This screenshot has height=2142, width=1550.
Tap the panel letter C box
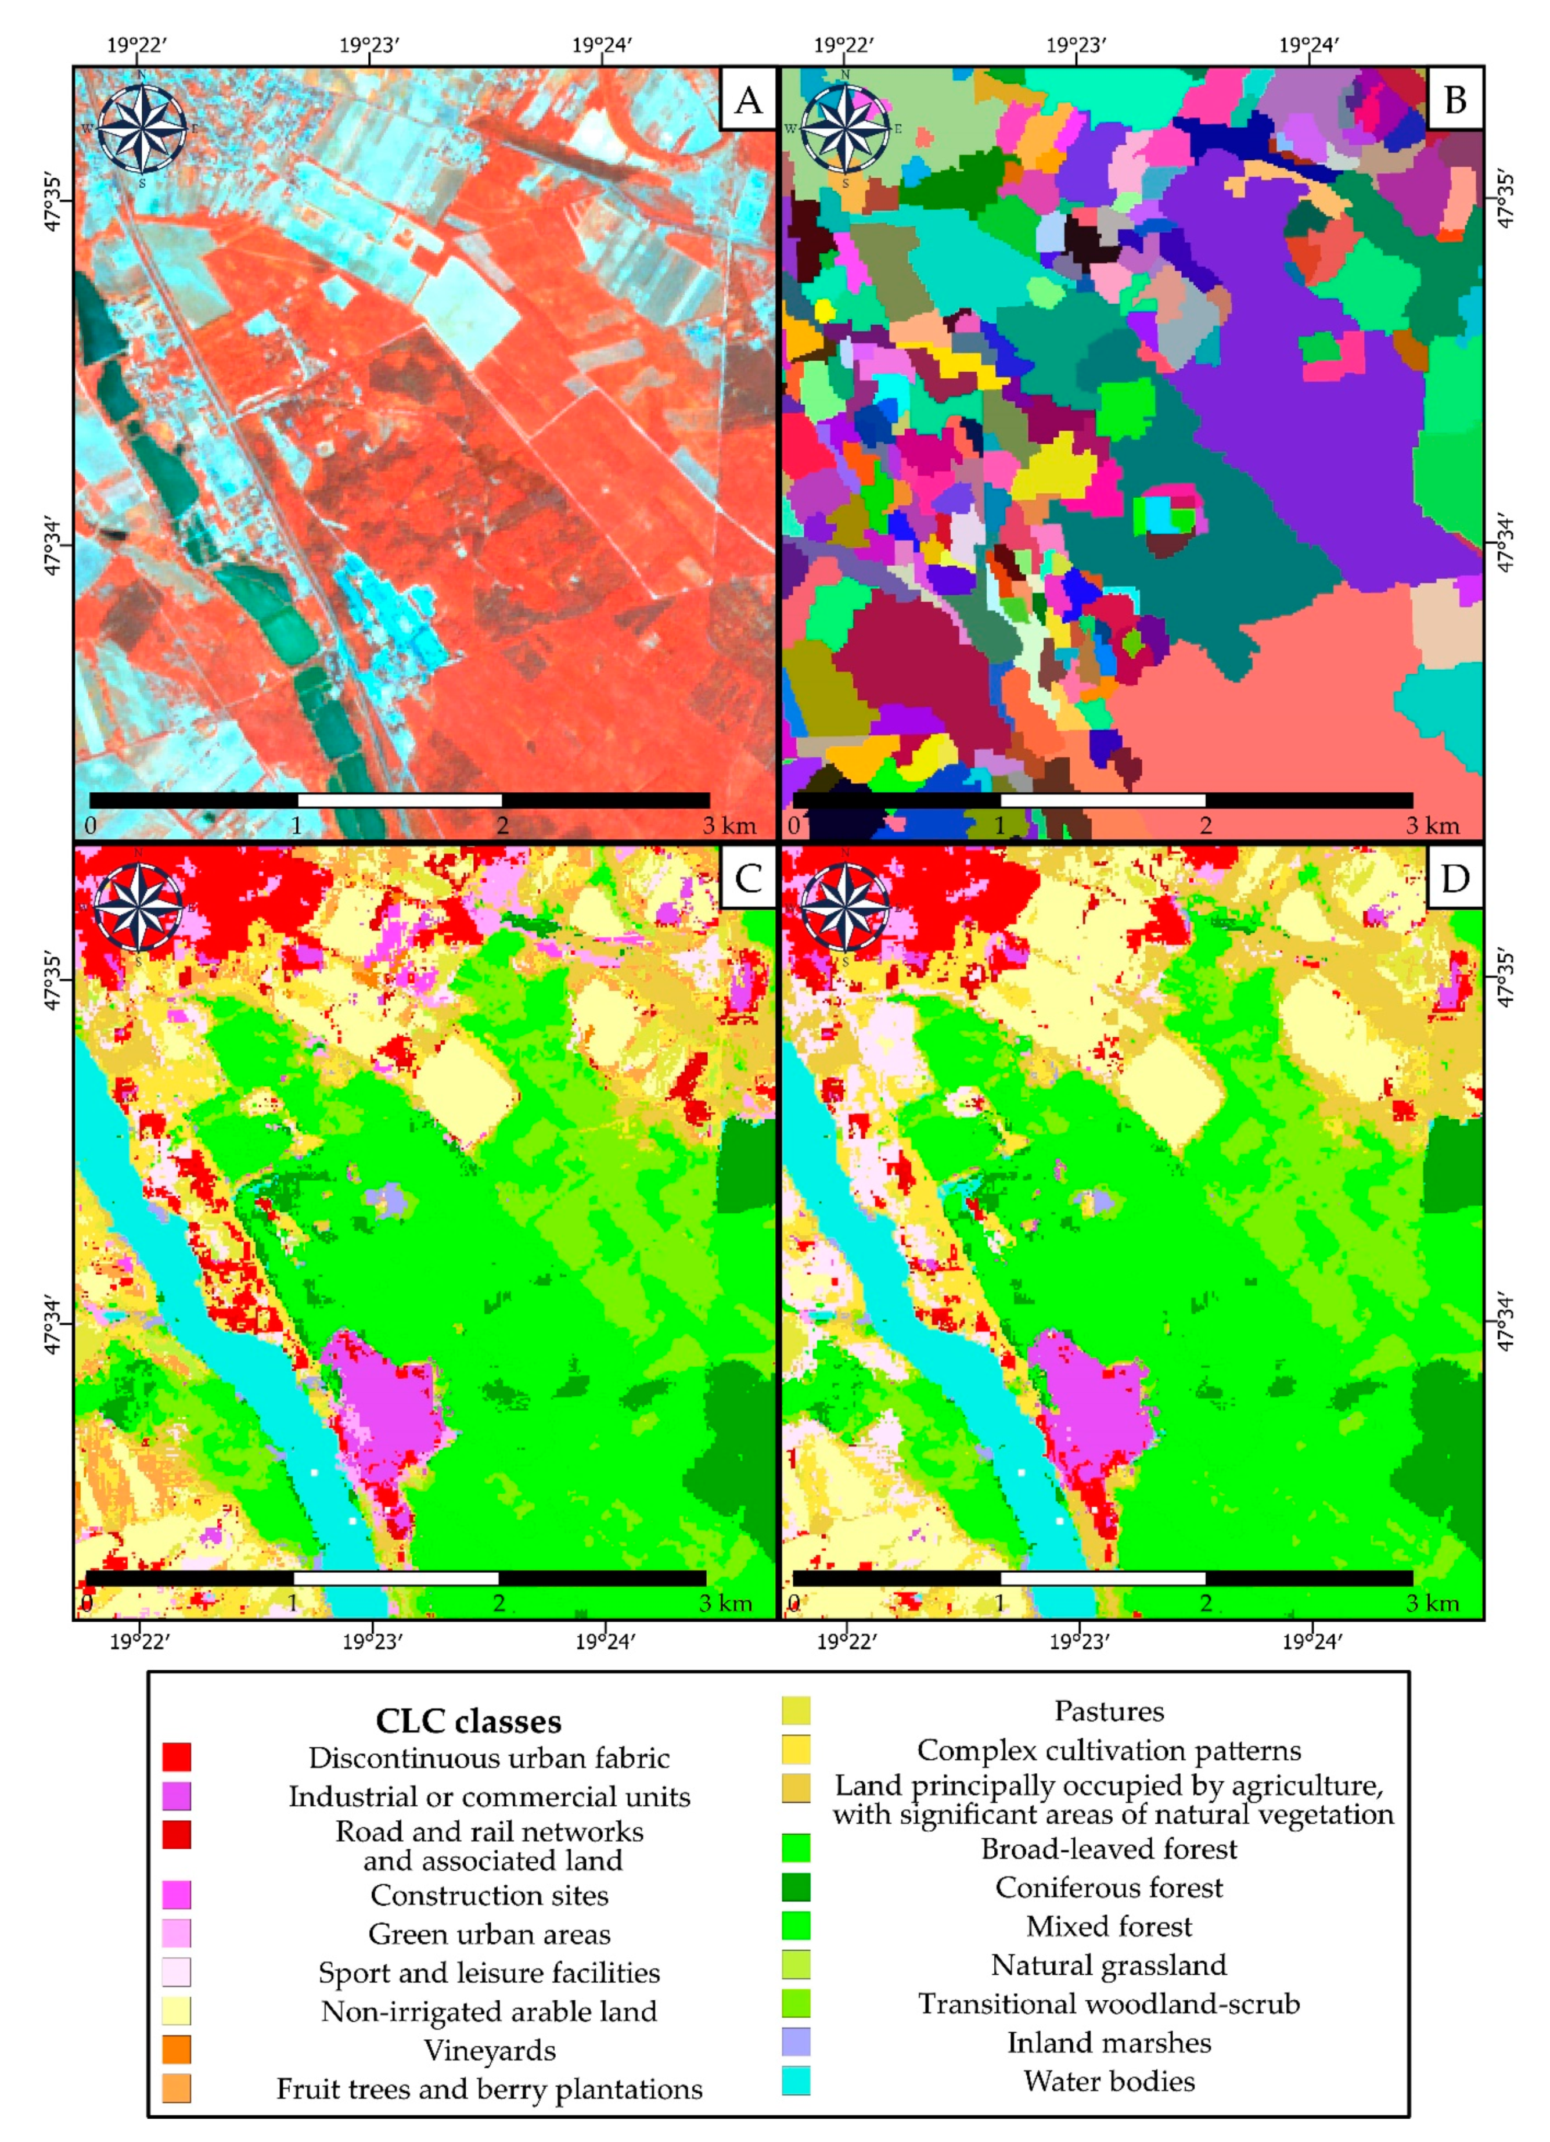747,878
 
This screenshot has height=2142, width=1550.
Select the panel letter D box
1455,878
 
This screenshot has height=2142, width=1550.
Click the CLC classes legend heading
469,1721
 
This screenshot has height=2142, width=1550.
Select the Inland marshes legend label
1109,2043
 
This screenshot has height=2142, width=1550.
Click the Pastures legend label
1109,1711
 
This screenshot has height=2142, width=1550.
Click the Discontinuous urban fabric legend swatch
177,1758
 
